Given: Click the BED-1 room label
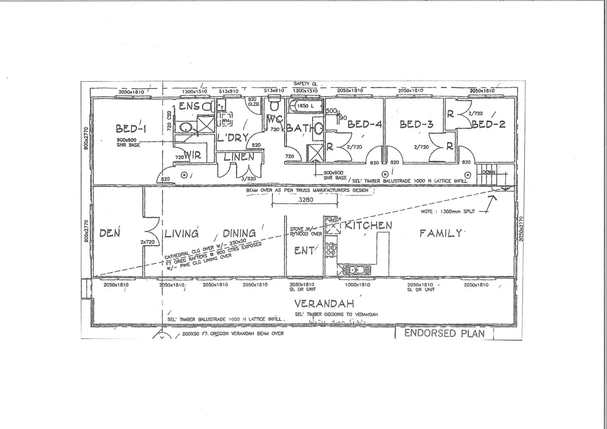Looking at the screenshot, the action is [x=131, y=128].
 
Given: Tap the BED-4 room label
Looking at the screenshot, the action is [x=364, y=124].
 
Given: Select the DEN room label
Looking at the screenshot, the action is [x=110, y=233].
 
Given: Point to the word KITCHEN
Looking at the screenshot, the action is [x=368, y=226].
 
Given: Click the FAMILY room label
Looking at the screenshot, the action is [x=441, y=233].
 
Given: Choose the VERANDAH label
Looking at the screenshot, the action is [x=324, y=304].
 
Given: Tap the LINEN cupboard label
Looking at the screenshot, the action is [x=239, y=157].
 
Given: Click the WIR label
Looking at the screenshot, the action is [x=192, y=155].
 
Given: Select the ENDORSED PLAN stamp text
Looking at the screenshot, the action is [x=445, y=333].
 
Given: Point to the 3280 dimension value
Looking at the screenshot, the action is [x=305, y=200].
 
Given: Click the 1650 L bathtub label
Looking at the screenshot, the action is [x=305, y=106].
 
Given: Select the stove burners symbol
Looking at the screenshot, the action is [x=331, y=249].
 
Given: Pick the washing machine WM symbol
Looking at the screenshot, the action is [x=226, y=120].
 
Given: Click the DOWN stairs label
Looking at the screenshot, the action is [x=489, y=172].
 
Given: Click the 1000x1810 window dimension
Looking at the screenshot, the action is [x=357, y=285].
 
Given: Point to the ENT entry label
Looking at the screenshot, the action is [x=304, y=250].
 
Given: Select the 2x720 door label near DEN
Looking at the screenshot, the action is [x=147, y=242].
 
